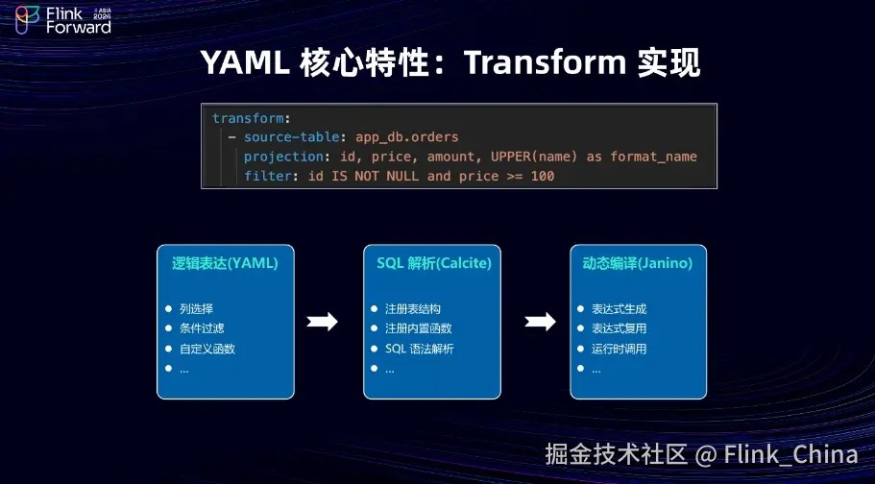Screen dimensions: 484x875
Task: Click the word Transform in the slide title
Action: (544, 63)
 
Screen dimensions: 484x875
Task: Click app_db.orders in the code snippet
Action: (407, 137)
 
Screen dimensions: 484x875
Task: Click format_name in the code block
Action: (654, 157)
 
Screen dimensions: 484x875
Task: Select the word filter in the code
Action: (264, 176)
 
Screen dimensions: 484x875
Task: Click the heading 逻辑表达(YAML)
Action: (225, 262)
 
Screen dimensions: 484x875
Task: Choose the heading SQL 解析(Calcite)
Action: (431, 262)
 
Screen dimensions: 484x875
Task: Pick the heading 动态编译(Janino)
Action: (638, 262)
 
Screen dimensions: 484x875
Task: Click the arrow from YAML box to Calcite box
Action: (322, 322)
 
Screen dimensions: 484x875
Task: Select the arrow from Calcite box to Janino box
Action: (541, 322)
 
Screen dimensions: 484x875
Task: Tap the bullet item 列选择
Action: (196, 309)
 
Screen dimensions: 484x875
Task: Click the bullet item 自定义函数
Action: (207, 349)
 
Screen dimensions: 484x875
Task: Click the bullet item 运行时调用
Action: (619, 349)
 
